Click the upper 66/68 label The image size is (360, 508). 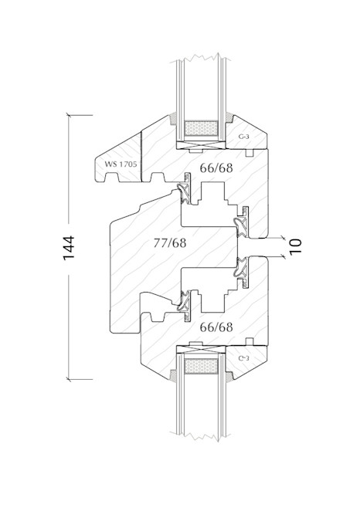pos(216,167)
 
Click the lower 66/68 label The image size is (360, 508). pos(216,327)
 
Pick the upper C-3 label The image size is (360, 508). pos(243,137)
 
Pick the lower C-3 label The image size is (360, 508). pos(243,357)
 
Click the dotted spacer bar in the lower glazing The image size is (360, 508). pos(202,367)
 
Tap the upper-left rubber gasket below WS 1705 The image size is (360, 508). pos(185,192)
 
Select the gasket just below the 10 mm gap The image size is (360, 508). pos(242,271)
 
